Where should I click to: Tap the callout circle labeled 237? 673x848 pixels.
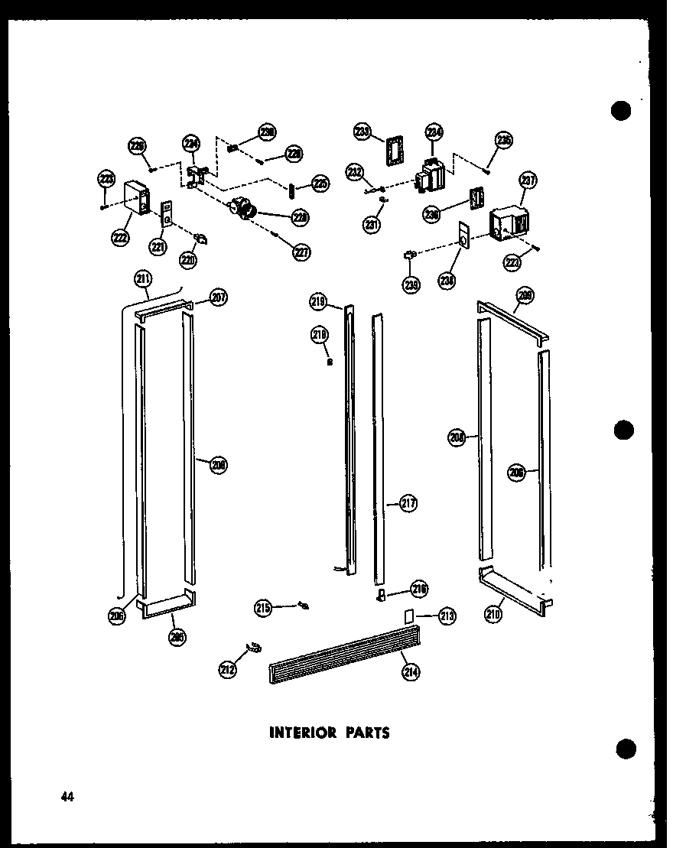[528, 180]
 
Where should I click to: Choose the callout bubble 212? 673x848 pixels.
[227, 670]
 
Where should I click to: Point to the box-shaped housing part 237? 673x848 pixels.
[508, 222]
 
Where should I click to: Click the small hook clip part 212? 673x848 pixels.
[253, 649]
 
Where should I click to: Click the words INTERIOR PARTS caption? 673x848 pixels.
[330, 733]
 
